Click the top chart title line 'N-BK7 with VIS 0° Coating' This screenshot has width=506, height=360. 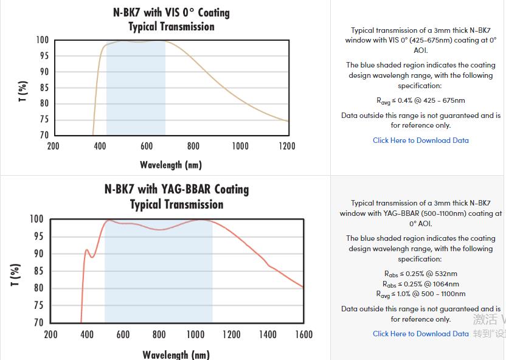(172, 12)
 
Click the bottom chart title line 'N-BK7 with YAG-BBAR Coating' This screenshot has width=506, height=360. (176, 189)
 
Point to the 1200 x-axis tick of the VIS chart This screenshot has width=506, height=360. (286, 146)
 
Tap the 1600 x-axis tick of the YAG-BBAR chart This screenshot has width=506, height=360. (303, 334)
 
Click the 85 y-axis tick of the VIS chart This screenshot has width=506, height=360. (44, 88)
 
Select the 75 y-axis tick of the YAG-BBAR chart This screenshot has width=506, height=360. (38, 306)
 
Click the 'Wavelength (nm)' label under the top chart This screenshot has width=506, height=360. (171, 165)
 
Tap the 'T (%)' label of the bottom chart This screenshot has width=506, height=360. (16, 275)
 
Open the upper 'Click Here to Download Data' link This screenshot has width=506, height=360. (420, 140)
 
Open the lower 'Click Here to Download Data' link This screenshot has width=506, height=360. (420, 334)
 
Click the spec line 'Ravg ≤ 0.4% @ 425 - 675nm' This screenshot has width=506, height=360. (420, 101)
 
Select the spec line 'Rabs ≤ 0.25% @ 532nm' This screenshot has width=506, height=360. (420, 274)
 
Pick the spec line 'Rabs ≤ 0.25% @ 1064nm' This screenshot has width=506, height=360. (420, 284)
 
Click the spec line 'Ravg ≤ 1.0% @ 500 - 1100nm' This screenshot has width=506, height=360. (420, 294)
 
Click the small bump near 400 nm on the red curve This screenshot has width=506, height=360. (87, 250)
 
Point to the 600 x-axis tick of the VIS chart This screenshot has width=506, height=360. (147, 146)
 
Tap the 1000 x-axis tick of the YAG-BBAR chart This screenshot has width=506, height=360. (195, 334)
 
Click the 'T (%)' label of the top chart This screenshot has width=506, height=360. (23, 91)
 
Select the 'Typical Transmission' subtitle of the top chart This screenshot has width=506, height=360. (172, 27)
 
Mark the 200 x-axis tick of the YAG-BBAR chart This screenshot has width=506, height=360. (50, 334)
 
